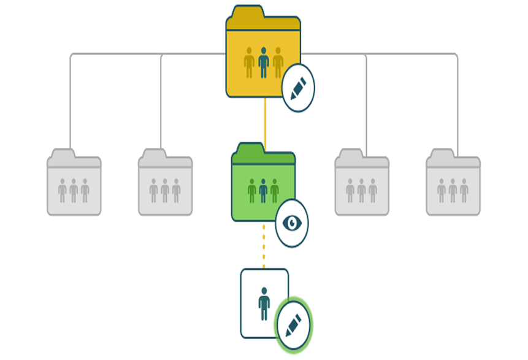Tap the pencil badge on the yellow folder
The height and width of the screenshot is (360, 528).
pos(298,88)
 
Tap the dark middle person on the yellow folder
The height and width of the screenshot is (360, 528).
pos(264,62)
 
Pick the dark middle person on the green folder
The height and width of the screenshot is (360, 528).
pos(263,191)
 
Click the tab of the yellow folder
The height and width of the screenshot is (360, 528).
pos(245,12)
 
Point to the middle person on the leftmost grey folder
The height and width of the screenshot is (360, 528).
pos(74,191)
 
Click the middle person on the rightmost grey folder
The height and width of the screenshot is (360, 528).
pos(453,191)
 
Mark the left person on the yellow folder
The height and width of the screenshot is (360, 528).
pos(249,62)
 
